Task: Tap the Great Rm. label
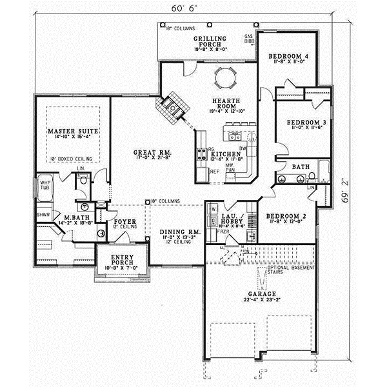148,153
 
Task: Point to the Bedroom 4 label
288,57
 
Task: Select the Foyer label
124,221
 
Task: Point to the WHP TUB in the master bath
45,184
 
